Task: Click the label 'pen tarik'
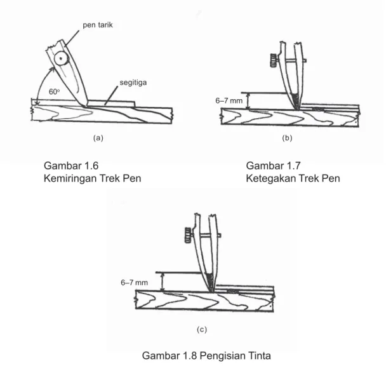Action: (98, 25)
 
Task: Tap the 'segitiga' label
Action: (133, 83)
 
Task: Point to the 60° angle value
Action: (54, 92)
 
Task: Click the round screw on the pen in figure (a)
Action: (61, 58)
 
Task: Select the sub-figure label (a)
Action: (98, 138)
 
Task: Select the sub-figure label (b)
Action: (287, 138)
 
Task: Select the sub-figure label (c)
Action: (202, 329)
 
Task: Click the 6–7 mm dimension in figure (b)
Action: (229, 100)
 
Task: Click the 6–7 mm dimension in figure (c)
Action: (134, 282)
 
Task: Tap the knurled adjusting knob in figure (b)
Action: (274, 60)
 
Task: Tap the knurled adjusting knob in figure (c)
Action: (189, 235)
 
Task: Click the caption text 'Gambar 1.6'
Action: (71, 166)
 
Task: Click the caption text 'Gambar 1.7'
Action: (273, 166)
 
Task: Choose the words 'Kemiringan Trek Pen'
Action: (93, 179)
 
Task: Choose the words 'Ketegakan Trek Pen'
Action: (293, 179)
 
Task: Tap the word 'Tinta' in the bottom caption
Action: (259, 356)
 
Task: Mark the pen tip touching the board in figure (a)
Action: (84, 106)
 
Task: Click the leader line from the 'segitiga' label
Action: (111, 95)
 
